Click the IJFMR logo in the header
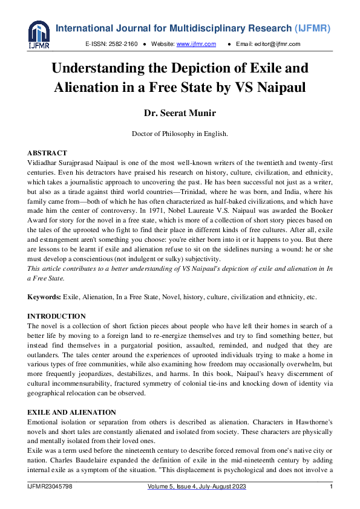coord(39,34)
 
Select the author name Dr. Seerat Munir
coord(180,113)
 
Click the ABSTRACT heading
coord(47,153)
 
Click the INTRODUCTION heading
coord(57,316)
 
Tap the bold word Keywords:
coord(44,297)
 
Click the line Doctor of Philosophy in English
coord(180,134)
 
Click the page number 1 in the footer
coord(331,487)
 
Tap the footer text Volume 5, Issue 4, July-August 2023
coord(192,487)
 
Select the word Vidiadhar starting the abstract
coord(45,163)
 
